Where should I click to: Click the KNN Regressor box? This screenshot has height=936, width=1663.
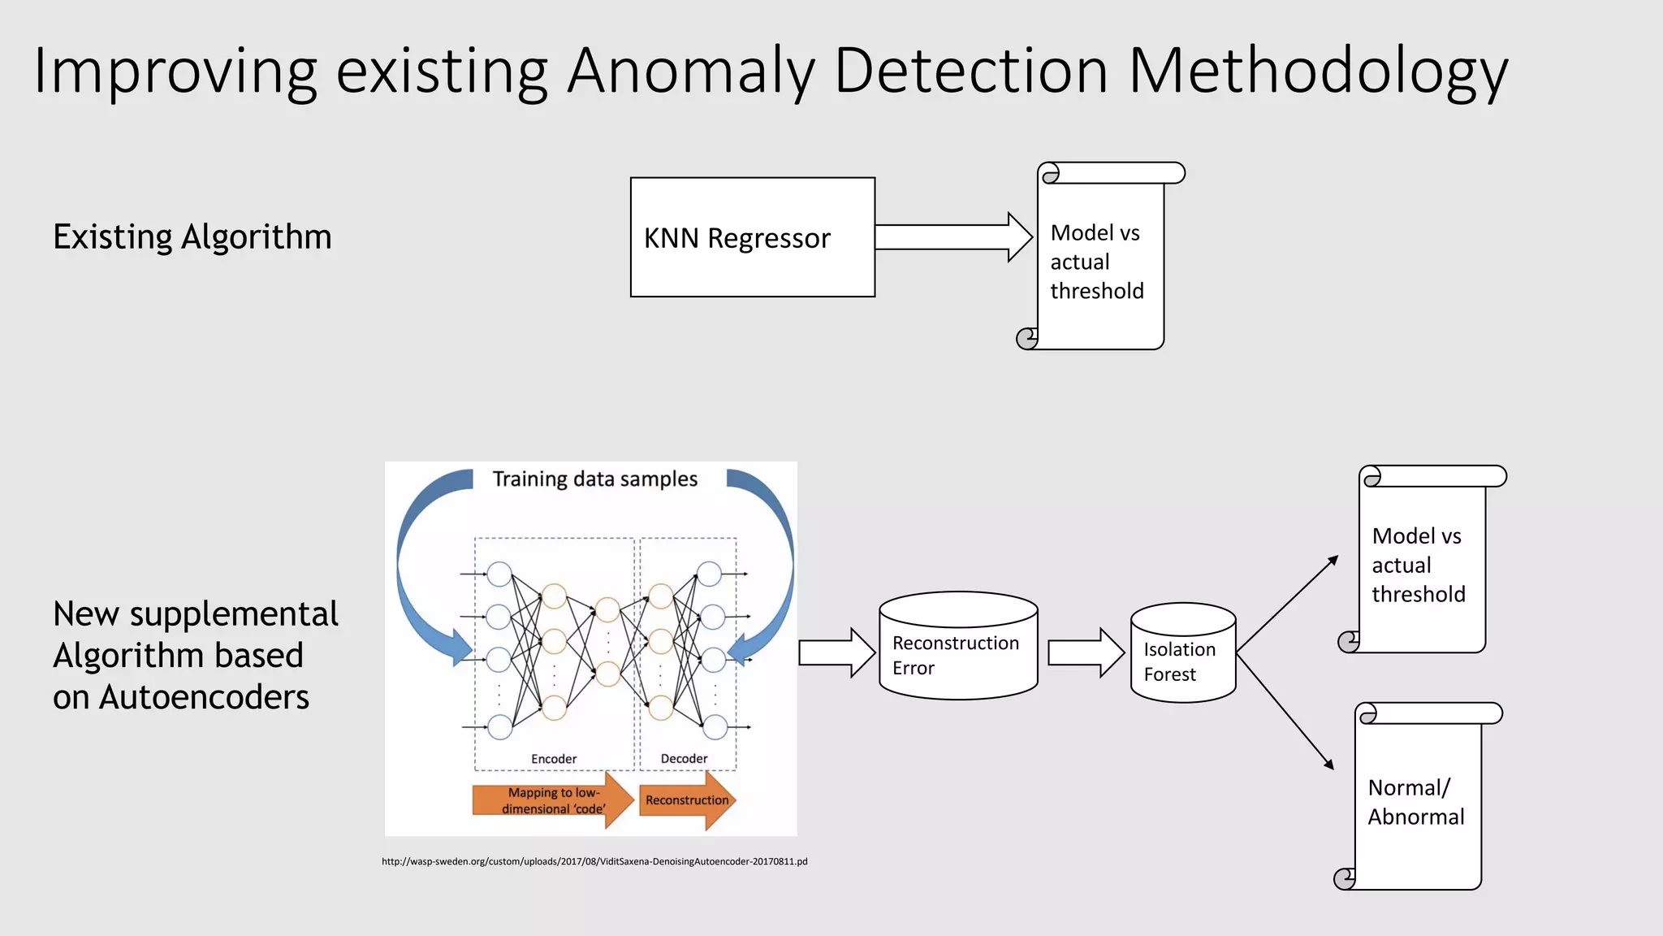752,237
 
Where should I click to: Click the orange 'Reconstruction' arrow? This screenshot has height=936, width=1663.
687,800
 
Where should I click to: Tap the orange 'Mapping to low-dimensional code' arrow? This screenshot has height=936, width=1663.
552,800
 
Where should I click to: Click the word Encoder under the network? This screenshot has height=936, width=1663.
554,759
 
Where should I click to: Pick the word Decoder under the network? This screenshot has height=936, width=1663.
684,759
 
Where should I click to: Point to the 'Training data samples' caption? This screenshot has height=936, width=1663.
594,479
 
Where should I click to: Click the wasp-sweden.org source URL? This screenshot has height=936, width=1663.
594,861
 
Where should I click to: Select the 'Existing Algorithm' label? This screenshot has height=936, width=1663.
192,237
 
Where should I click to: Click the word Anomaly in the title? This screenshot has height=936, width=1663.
691,71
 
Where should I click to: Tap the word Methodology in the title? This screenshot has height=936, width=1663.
1317,71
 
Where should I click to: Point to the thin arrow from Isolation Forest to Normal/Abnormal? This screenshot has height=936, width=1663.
1285,710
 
